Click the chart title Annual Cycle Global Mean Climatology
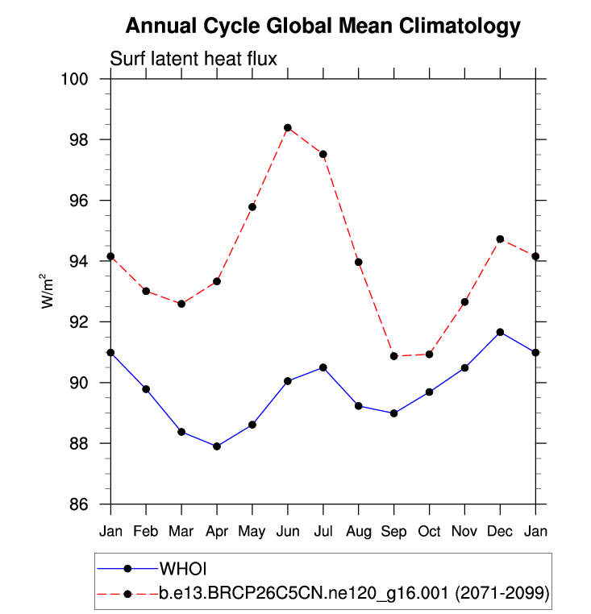(323, 27)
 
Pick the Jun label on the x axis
(288, 532)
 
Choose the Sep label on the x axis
(394, 532)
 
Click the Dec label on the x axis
(501, 532)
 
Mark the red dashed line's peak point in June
(288, 128)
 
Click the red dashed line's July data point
(323, 154)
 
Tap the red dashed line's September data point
(394, 356)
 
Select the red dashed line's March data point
(181, 304)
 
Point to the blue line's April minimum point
(217, 446)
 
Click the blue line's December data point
(501, 332)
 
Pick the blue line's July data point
(323, 367)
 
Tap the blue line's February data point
(146, 389)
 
